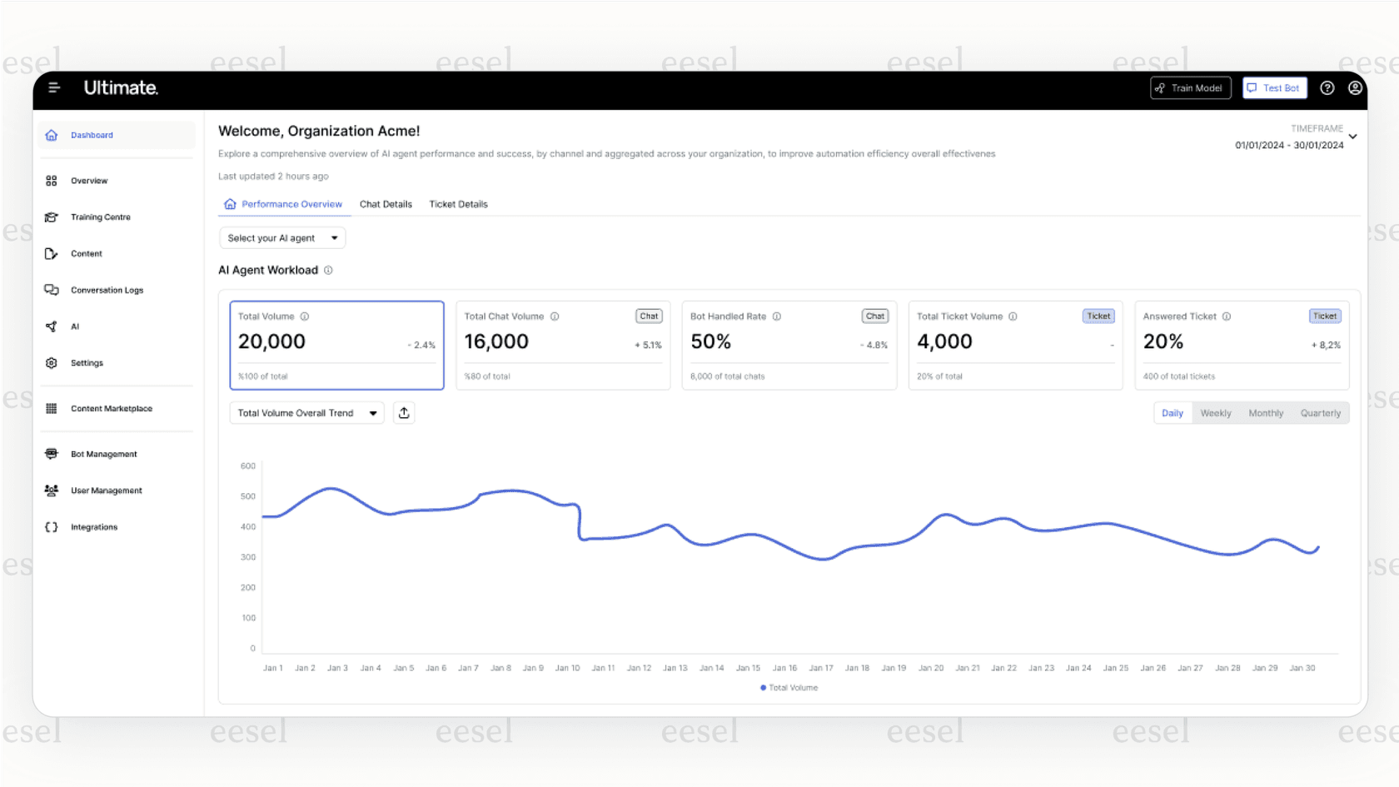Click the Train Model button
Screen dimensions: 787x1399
[1190, 88]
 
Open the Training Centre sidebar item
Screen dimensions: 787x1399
[100, 217]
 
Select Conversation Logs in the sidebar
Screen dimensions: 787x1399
[107, 291]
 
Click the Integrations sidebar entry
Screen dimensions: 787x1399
[93, 527]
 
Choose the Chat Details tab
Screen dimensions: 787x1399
[386, 204]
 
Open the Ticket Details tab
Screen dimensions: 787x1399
[458, 204]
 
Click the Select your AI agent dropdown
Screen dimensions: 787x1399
[282, 238]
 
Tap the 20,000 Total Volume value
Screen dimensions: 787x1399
[271, 341]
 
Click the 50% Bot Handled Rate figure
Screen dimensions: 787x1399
[710, 341]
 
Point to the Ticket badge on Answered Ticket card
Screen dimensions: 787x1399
[1324, 316]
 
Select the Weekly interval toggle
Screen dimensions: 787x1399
[1215, 413]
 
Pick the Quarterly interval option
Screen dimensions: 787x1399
[1320, 413]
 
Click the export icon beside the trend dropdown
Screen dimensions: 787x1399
[404, 413]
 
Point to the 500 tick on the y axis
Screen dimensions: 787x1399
[248, 496]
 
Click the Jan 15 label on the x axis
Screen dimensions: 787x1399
[748, 668]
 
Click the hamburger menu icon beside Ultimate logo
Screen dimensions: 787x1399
[54, 87]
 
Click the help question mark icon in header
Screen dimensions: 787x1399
[1327, 88]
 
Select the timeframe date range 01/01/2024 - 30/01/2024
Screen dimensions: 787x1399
[1289, 145]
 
